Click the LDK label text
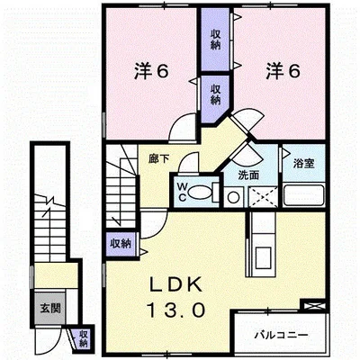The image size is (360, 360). coord(175,285)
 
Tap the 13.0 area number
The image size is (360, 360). coord(176,310)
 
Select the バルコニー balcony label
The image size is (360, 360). coord(281,335)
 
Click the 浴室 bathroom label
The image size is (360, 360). coord(303,164)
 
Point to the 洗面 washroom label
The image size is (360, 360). coord(248,175)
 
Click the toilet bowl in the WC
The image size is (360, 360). coord(200,193)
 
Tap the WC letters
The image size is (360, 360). coord(183,192)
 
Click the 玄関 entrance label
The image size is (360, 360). coord(50,308)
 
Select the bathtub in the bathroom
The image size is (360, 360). coord(304,195)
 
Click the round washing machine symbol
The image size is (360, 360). coord(233,197)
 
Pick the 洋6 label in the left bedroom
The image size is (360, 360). coord(151,72)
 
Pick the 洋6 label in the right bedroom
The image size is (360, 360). coord(283,72)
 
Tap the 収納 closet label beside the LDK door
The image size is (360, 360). coord(121,244)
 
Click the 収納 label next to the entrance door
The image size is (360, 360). coord(84,338)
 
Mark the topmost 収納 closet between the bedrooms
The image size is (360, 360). coord(215,40)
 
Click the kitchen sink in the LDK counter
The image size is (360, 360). coord(263,257)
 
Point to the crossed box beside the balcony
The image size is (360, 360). coord(313,306)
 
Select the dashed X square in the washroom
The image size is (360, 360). coord(263,196)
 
